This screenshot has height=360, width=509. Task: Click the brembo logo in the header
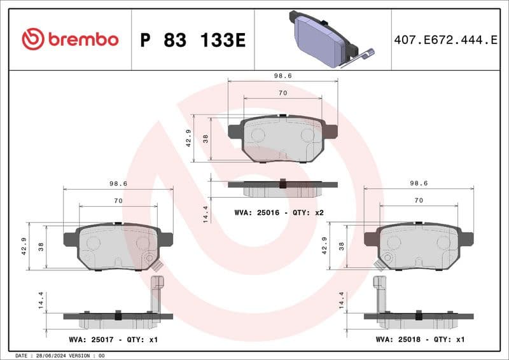coord(70,39)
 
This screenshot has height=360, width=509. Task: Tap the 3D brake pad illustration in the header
coord(323,39)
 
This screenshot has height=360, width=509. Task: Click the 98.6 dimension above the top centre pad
coord(282,75)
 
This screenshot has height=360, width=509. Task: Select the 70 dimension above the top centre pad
coord(282,93)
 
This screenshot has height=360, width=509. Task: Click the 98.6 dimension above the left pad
coord(118,183)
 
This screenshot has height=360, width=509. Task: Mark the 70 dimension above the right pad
coord(418,200)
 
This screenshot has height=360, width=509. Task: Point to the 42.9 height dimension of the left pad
coord(24,246)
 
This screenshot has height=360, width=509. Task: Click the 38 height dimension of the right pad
coord(342,246)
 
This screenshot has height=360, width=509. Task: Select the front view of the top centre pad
coord(282,139)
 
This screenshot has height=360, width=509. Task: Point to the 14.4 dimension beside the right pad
coord(342,300)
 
